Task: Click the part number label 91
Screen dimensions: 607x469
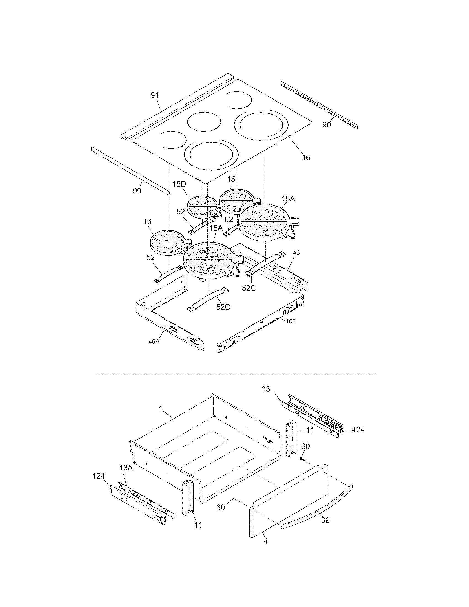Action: tap(154, 95)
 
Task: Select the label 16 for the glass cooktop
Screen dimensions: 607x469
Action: tap(306, 158)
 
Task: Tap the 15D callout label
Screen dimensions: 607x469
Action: tap(179, 184)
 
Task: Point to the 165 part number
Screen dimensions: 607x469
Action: tap(291, 321)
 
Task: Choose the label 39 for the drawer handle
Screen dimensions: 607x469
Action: tap(325, 520)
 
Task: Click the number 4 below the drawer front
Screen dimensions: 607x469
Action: tap(266, 541)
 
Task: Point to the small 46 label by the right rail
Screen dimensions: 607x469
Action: tap(296, 253)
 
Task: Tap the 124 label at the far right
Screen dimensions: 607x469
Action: tap(358, 430)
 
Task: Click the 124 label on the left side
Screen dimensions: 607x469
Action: tap(98, 476)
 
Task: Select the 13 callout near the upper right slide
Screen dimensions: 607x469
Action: tap(266, 389)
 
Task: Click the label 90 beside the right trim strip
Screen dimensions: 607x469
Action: tap(326, 125)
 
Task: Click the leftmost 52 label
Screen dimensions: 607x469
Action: tap(150, 258)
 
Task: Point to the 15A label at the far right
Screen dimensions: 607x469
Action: tap(288, 199)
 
